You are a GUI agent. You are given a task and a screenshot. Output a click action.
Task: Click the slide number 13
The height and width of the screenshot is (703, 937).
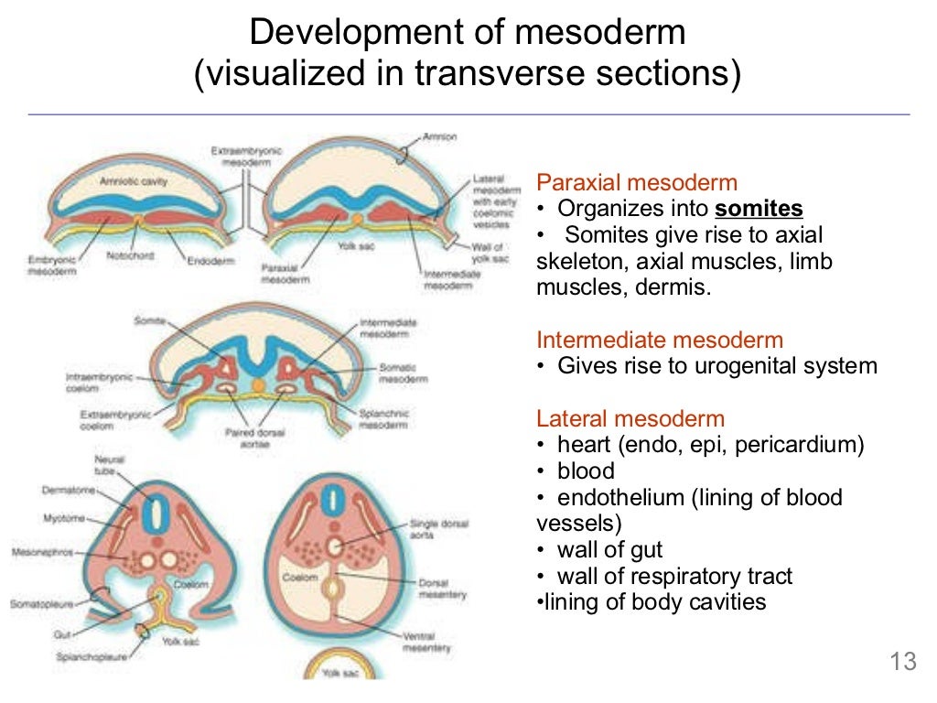tap(902, 662)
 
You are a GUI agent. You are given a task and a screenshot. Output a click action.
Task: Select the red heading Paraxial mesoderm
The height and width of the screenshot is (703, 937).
tap(637, 181)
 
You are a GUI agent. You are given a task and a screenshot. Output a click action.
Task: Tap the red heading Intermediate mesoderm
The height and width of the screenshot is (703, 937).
tap(660, 341)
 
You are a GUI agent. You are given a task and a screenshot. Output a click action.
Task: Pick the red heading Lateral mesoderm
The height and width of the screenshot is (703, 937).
tap(630, 419)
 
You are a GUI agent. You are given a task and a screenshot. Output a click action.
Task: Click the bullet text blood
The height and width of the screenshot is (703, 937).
tap(586, 471)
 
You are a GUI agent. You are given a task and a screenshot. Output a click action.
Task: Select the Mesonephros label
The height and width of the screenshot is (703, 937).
tap(44, 553)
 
